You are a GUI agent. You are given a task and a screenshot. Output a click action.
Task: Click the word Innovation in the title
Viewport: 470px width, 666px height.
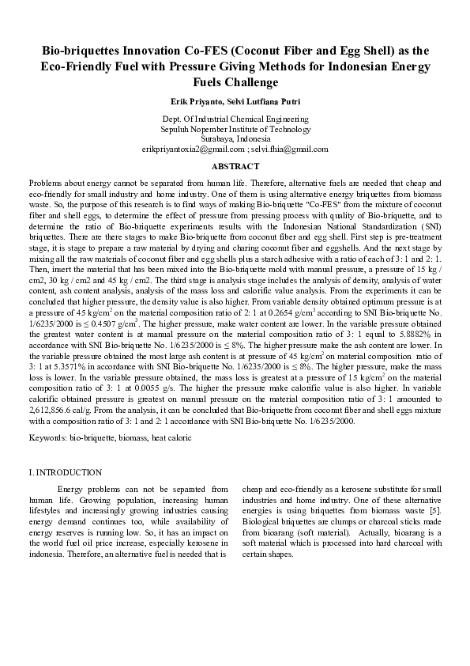(x=155, y=49)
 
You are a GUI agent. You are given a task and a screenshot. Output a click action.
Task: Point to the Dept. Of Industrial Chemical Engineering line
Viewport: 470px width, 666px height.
(x=235, y=119)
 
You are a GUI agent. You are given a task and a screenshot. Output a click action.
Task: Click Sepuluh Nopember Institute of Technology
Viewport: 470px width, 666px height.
(x=235, y=129)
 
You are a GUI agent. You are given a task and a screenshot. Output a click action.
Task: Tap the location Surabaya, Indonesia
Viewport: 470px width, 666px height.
(x=235, y=138)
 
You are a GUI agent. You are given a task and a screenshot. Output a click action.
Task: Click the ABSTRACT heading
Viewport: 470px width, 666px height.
(x=235, y=167)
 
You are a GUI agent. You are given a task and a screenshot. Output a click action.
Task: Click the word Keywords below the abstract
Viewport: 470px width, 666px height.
(x=47, y=437)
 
